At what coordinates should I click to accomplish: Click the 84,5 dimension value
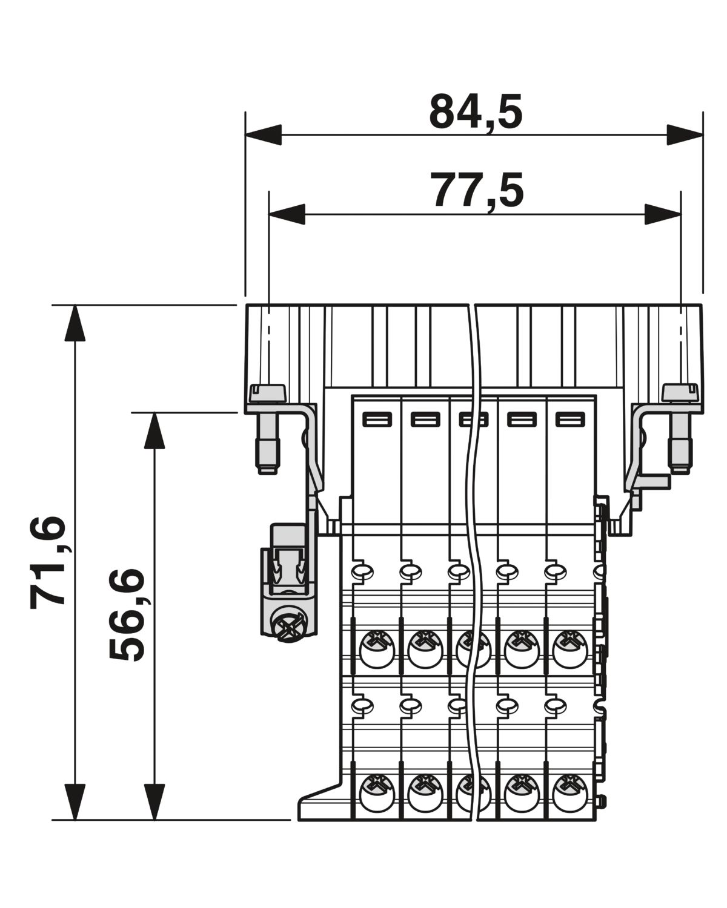[x=476, y=112]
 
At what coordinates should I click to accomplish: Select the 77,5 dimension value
[x=477, y=191]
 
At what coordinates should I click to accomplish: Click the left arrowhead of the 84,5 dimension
[x=263, y=134]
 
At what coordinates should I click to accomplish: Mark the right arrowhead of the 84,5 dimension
[x=685, y=134]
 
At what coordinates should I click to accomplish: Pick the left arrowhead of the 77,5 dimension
[x=287, y=214]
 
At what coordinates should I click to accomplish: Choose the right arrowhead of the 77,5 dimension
[x=662, y=214]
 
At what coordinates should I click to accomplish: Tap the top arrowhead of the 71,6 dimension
[x=75, y=323]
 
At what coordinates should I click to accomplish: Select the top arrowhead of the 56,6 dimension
[x=154, y=430]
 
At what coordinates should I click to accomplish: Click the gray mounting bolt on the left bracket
[x=268, y=428]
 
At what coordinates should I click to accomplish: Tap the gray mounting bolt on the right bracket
[x=680, y=428]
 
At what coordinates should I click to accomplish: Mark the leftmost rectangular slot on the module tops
[x=377, y=420]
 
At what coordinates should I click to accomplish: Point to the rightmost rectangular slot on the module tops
[x=570, y=420]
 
